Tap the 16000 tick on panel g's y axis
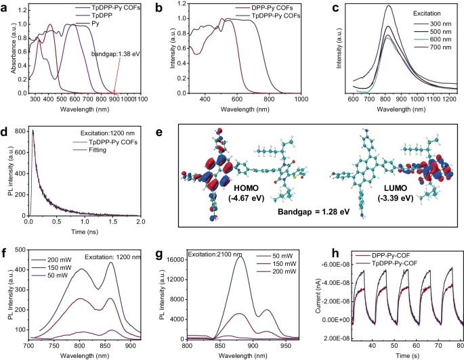coord(178,239)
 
